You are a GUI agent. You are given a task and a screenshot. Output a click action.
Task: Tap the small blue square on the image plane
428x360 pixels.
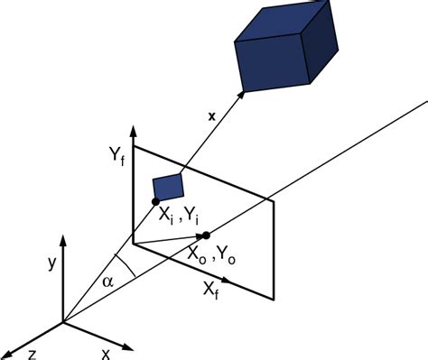(169, 186)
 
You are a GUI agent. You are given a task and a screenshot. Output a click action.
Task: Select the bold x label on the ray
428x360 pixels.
(211, 116)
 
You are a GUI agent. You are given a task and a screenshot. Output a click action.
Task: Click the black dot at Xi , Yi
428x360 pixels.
(155, 201)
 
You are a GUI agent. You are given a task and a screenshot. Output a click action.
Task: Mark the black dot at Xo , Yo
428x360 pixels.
(206, 235)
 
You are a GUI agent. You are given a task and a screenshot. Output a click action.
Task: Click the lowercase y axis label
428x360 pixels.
(42, 264)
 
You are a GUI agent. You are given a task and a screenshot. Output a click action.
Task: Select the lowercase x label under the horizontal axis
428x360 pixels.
(106, 353)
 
